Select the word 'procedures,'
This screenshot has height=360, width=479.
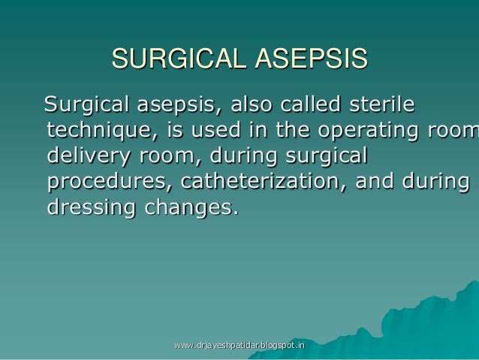(x=108, y=183)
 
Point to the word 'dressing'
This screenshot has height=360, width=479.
(x=89, y=208)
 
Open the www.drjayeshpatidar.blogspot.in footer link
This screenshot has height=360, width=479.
(x=239, y=345)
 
